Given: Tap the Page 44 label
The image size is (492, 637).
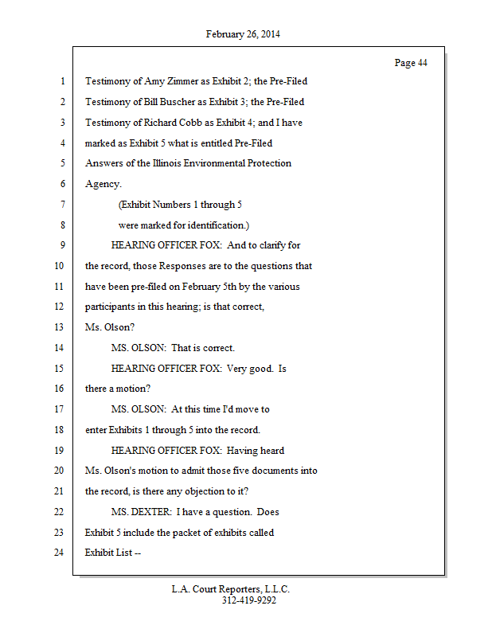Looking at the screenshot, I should point(411,63).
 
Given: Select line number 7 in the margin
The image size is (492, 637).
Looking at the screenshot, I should point(61,205).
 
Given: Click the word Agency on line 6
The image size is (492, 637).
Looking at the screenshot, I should point(102,184).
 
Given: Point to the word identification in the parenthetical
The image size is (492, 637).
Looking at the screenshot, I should point(218,225).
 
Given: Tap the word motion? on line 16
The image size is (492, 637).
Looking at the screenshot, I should point(131,389).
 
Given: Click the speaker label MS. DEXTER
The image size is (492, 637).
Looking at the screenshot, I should point(141,511).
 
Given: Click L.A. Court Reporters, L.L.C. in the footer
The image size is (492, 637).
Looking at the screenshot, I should point(231,589).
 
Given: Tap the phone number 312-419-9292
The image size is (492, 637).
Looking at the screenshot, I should point(249,600).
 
